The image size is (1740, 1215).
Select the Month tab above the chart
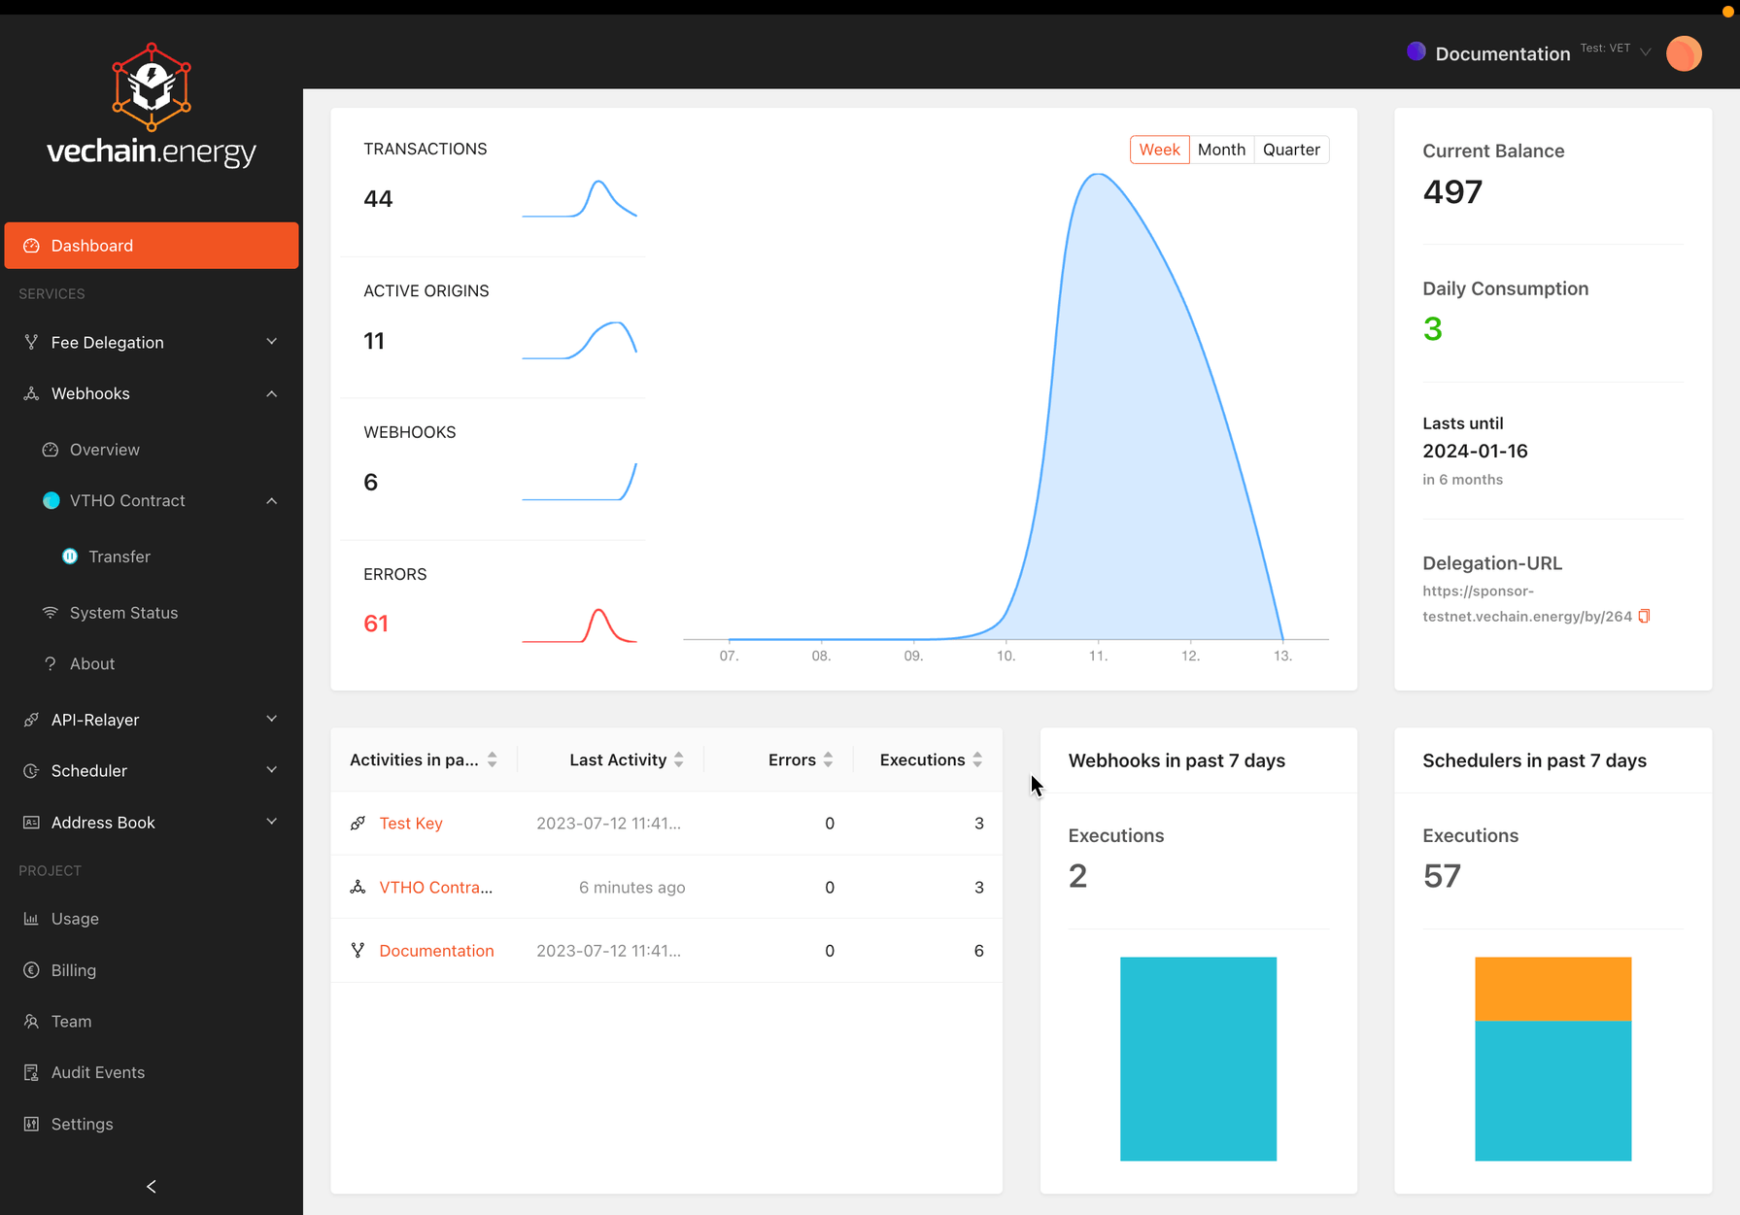(x=1221, y=150)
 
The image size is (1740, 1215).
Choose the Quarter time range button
(x=1291, y=150)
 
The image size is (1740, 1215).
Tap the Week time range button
(x=1159, y=150)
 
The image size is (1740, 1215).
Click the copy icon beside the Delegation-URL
(x=1644, y=616)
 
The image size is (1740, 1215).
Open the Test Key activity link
(x=411, y=824)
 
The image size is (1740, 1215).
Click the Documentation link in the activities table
(x=436, y=951)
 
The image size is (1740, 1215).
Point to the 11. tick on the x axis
(x=1098, y=656)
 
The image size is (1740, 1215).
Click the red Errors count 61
(x=376, y=624)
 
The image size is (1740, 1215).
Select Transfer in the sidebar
(x=119, y=557)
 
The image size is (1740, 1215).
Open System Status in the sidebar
(x=123, y=613)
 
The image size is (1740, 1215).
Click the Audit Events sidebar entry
(x=97, y=1072)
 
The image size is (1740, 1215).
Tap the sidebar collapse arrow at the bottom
(x=151, y=1186)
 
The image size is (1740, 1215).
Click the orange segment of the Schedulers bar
(x=1552, y=989)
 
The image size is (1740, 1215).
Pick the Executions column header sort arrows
(x=977, y=759)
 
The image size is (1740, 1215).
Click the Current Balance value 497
(x=1452, y=192)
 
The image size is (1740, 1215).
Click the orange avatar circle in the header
(x=1684, y=53)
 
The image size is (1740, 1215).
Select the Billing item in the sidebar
(x=73, y=970)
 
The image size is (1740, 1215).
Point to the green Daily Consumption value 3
(x=1432, y=329)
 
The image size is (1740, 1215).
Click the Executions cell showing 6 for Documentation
(x=978, y=951)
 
